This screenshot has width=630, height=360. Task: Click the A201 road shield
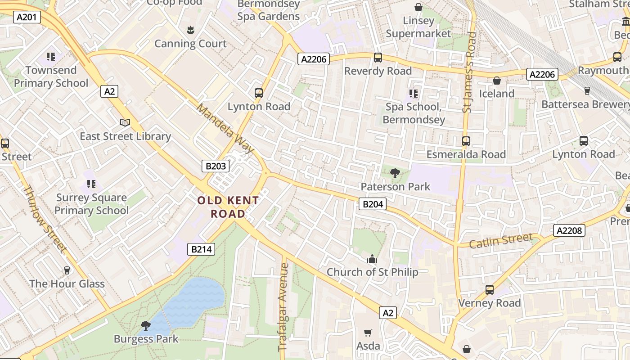coord(27,17)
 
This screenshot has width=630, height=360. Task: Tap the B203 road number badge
coord(216,166)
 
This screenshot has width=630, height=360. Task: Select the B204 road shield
coord(373,204)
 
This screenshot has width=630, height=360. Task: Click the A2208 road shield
coord(569,231)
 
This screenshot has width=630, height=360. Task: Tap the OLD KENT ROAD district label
coord(228,207)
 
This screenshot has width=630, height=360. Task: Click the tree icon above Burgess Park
coord(145,325)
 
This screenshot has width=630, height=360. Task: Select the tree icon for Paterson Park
coord(395,173)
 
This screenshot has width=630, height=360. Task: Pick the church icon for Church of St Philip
coord(372,259)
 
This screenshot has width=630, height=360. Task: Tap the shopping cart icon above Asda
coord(368,333)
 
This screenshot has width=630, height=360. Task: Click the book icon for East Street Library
coord(125,122)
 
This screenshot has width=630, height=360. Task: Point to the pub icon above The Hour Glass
coord(67,270)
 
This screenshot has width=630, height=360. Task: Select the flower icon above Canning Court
coord(190,30)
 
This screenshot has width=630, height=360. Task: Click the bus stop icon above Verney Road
coord(490,290)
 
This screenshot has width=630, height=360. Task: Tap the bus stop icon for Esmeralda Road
coord(466,141)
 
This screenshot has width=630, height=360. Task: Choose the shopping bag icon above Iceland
coord(497,81)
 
